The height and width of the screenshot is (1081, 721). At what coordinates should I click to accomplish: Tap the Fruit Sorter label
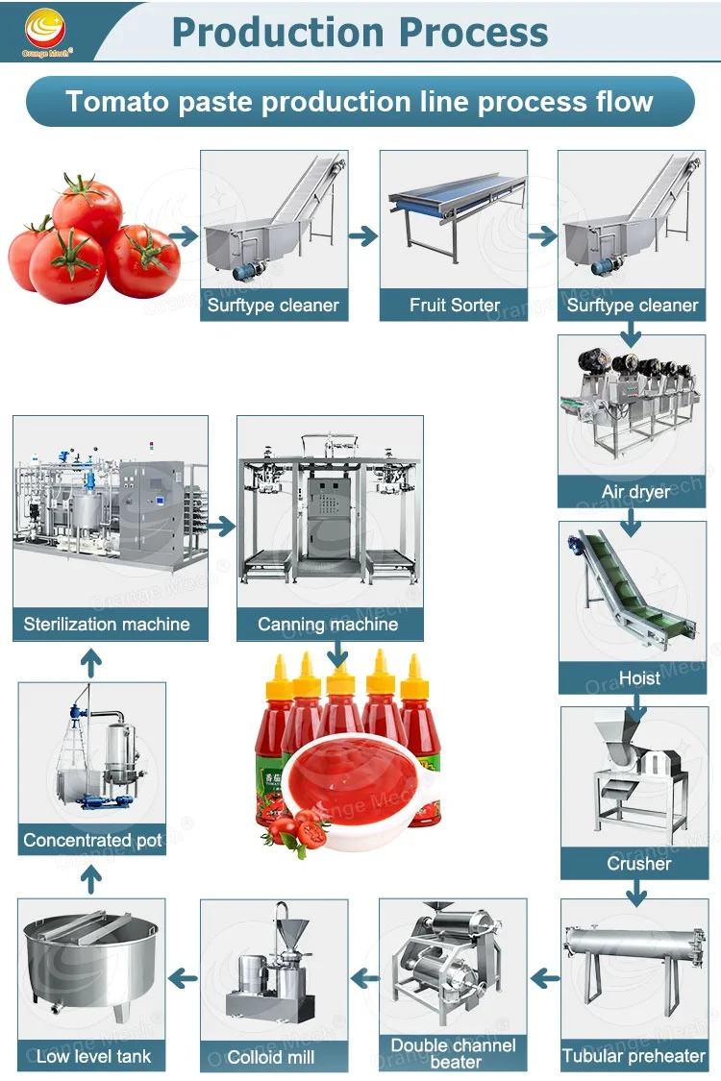454,306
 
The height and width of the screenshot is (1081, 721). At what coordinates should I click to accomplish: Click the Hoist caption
639,678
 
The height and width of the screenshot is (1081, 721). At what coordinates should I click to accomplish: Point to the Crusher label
639,864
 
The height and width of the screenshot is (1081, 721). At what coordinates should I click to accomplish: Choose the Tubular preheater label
634,1056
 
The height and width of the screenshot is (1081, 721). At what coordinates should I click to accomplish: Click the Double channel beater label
454,1053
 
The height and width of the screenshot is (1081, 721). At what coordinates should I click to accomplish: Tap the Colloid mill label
271,1057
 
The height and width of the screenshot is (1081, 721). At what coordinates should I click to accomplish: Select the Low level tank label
93,1056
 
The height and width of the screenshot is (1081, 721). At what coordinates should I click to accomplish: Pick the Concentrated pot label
92,840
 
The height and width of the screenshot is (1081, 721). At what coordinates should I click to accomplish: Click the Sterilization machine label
107,625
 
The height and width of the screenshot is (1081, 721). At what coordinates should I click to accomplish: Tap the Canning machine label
328,625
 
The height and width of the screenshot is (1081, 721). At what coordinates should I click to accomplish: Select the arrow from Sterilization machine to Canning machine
221,526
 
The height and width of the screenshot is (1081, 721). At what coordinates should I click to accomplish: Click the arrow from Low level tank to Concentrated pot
90,875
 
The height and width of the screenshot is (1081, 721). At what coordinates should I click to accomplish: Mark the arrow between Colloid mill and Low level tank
182,979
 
